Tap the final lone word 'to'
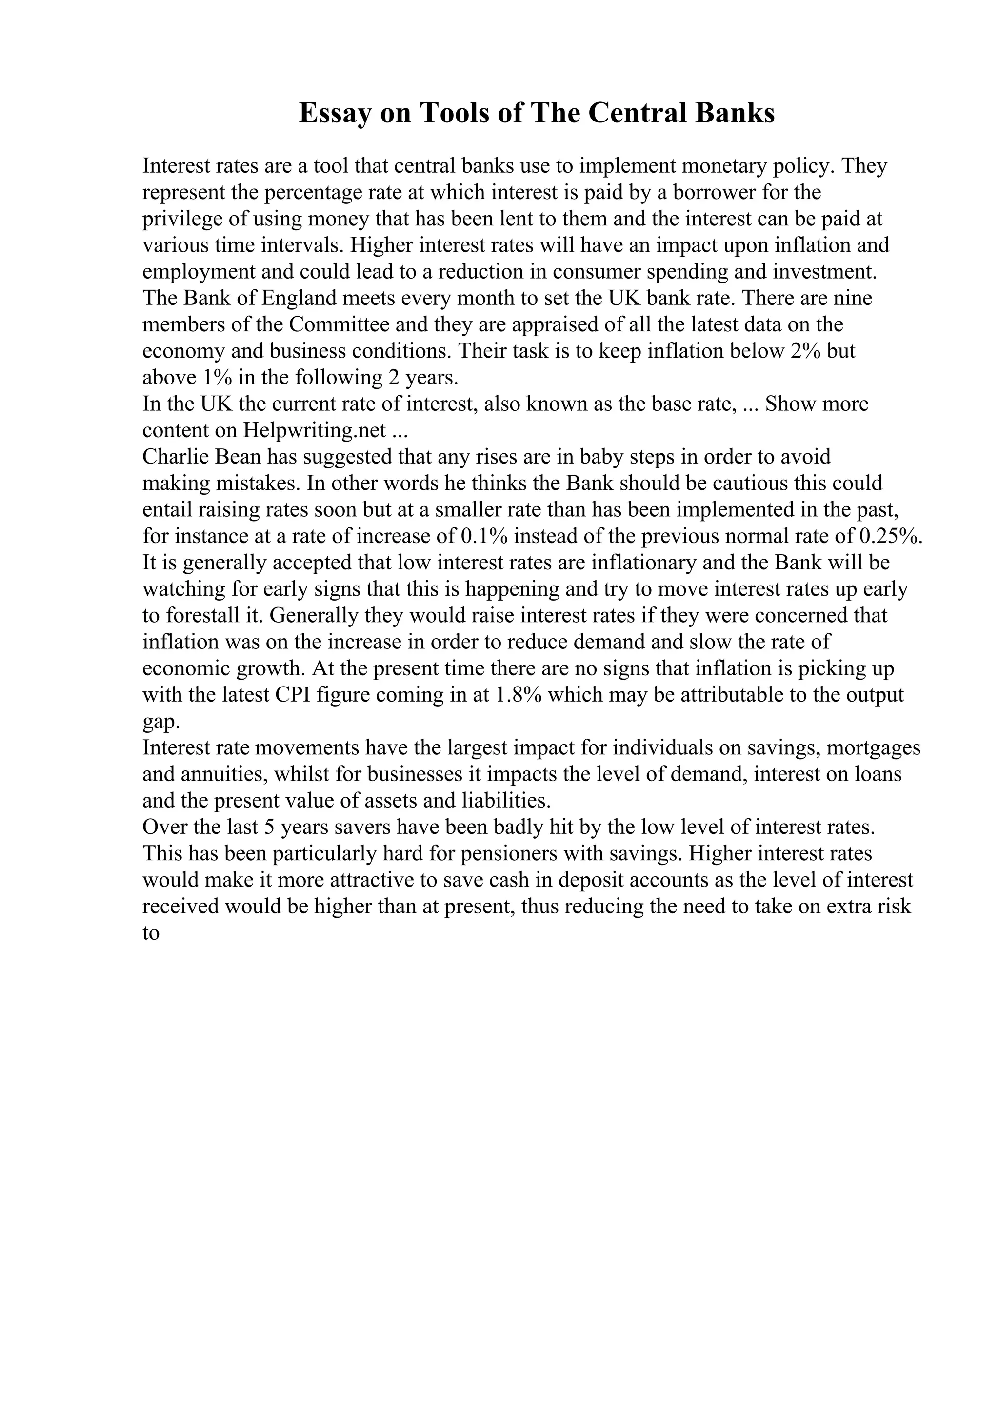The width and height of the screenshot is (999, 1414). (x=151, y=933)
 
